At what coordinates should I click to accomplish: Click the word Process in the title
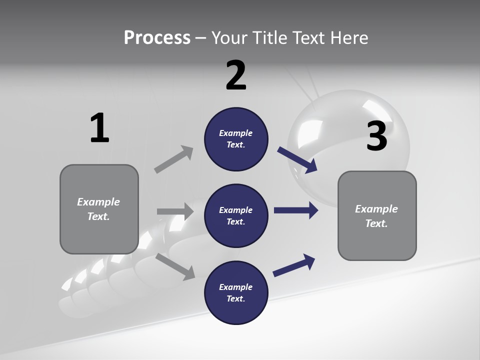pyautogui.click(x=157, y=37)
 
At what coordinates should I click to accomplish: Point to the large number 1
pyautogui.click(x=99, y=128)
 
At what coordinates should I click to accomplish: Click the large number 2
pyautogui.click(x=236, y=75)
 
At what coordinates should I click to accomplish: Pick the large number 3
pyautogui.click(x=377, y=136)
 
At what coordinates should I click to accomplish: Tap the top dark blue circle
pyautogui.click(x=236, y=139)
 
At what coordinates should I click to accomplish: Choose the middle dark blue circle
pyautogui.click(x=236, y=215)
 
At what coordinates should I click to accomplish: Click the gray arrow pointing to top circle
pyautogui.click(x=174, y=159)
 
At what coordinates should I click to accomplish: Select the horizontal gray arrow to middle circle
pyautogui.click(x=175, y=211)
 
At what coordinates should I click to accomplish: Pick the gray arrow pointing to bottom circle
pyautogui.click(x=175, y=266)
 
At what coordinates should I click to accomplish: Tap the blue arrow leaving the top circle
pyautogui.click(x=297, y=160)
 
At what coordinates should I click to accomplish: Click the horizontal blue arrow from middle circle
pyautogui.click(x=296, y=210)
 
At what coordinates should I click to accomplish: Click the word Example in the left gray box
pyautogui.click(x=98, y=202)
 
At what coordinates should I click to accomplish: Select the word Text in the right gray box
pyautogui.click(x=375, y=223)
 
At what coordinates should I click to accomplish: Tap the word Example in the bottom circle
pyautogui.click(x=235, y=287)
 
